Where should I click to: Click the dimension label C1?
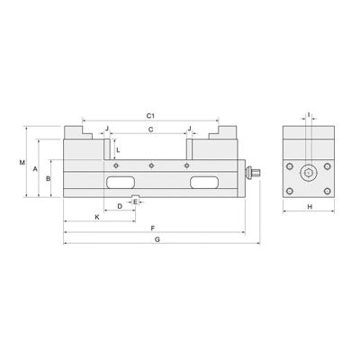pyautogui.click(x=151, y=117)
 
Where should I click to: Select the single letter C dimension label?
pyautogui.click(x=151, y=130)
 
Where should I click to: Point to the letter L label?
pyautogui.click(x=119, y=149)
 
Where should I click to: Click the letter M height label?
pyautogui.click(x=22, y=163)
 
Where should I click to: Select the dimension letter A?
pyautogui.click(x=34, y=168)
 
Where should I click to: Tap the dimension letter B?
pyautogui.click(x=48, y=179)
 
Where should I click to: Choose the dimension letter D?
pyautogui.click(x=120, y=207)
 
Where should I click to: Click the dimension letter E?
pyautogui.click(x=135, y=202)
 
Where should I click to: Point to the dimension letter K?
pyautogui.click(x=97, y=218)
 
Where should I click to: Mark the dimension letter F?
pyautogui.click(x=154, y=229)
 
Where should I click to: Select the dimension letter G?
pyautogui.click(x=157, y=241)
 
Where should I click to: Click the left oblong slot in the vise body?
pyautogui.click(x=118, y=183)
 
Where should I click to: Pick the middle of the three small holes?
pyautogui.click(x=151, y=165)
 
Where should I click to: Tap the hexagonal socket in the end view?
pyautogui.click(x=309, y=175)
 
